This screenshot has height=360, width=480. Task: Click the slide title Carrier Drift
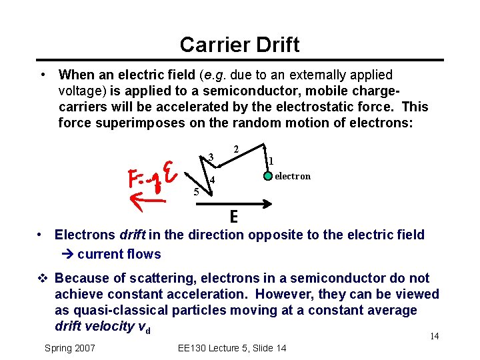239,45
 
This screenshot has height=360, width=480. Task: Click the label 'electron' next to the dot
292,176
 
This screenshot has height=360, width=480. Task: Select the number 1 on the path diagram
271,160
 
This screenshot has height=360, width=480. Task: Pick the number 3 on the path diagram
210,157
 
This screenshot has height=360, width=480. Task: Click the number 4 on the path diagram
211,181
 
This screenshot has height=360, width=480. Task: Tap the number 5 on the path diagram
196,192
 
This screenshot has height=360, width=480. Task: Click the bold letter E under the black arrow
234,217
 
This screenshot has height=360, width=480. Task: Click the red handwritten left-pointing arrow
148,198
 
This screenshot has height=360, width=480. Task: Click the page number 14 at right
434,336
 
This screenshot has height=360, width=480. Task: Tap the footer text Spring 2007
69,348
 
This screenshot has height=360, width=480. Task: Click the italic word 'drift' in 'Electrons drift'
134,235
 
